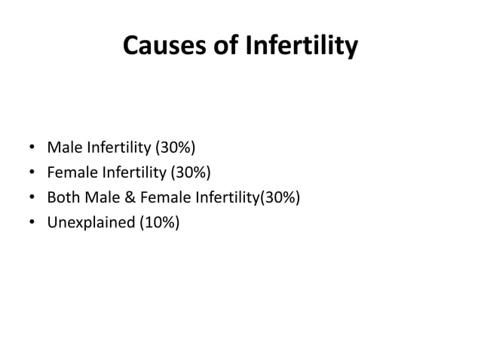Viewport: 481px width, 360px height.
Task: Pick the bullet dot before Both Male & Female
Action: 32,198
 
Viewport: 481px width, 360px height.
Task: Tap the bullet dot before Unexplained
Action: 32,224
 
